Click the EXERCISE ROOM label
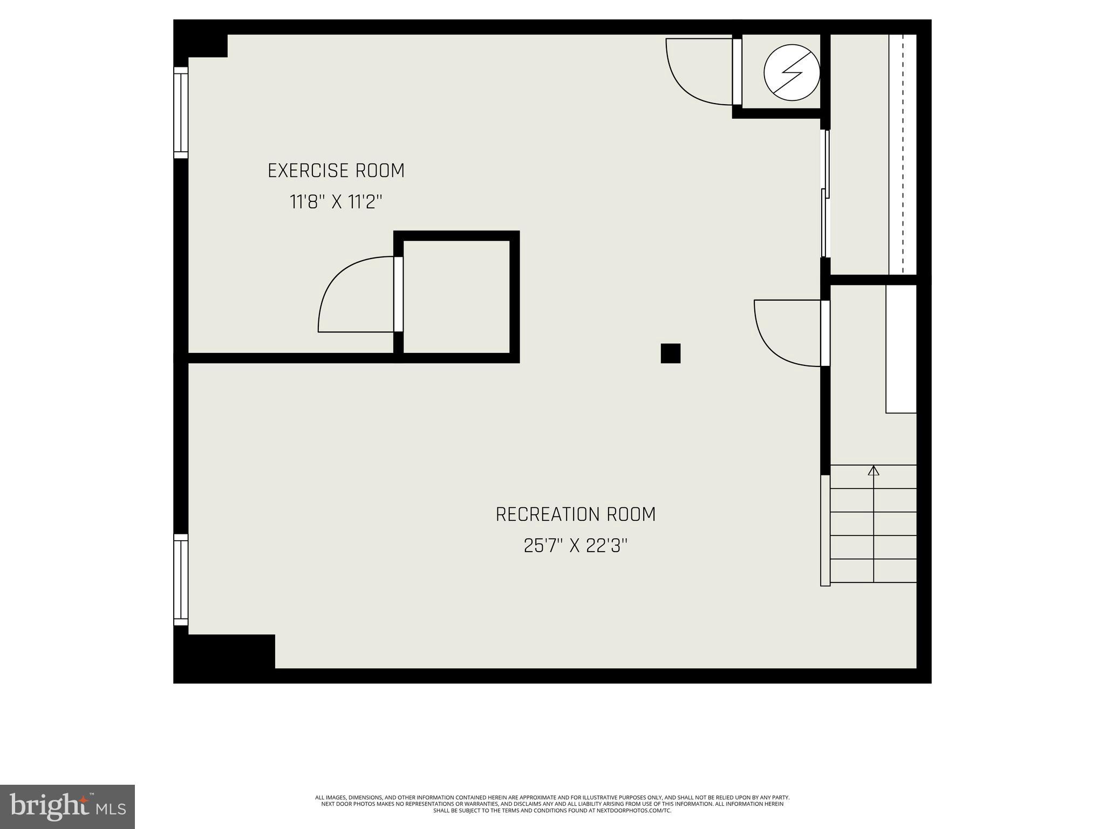[x=336, y=171]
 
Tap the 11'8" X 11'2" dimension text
[x=336, y=202]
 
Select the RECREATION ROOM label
[x=575, y=514]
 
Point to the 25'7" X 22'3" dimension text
[x=575, y=546]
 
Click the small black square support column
[x=670, y=354]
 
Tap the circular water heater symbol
[x=792, y=72]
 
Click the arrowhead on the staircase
[x=873, y=471]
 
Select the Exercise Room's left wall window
[x=180, y=113]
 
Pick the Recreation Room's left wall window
[x=180, y=580]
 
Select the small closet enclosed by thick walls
[x=456, y=297]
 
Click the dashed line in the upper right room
[x=902, y=154]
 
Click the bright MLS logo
[x=67, y=806]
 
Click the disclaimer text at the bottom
[x=552, y=804]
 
